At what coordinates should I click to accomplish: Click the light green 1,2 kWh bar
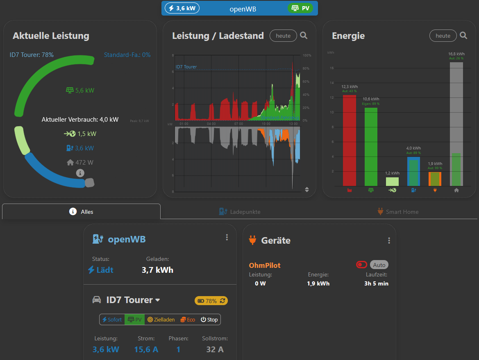pos(392,181)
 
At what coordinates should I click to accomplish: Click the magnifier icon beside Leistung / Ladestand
pos(304,36)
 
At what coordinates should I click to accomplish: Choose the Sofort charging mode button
pos(112,319)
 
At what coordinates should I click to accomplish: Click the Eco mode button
pos(188,319)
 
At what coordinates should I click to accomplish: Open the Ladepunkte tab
pos(240,212)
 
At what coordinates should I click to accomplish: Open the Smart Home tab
pos(398,212)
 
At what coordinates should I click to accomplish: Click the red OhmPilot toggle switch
pos(362,265)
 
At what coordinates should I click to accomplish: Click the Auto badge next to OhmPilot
pos(379,265)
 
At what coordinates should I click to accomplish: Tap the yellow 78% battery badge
pos(211,301)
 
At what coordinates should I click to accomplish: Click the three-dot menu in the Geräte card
pos(389,240)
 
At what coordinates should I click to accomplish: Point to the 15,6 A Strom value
pos(146,349)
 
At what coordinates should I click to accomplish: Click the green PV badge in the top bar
pos(300,8)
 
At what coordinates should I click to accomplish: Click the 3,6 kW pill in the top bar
pos(182,8)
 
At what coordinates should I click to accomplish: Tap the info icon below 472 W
pos(80,173)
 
